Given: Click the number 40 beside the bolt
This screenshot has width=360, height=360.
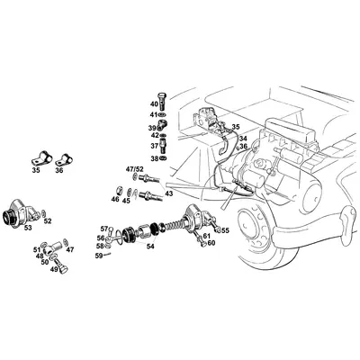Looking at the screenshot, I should click(154, 103).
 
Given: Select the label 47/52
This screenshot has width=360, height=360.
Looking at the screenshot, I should click(133, 169).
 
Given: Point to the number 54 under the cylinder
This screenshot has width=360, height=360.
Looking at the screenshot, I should click(150, 246).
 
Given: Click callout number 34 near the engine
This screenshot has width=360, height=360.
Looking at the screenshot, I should click(242, 138).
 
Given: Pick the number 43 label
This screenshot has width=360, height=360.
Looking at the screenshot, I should click(169, 193).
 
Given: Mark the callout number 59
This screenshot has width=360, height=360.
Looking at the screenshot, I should click(98, 256).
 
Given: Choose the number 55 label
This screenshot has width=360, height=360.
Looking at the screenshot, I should click(225, 230).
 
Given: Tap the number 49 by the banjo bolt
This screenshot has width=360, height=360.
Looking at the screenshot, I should click(53, 269).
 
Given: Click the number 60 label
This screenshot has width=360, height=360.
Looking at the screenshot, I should click(211, 243).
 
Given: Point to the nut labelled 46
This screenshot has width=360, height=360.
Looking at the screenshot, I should click(115, 191).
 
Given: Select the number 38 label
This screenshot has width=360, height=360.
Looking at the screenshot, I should click(154, 158).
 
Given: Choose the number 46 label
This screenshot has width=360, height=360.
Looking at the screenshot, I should click(115, 201).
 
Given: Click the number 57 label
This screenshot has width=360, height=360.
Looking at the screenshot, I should click(104, 229).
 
